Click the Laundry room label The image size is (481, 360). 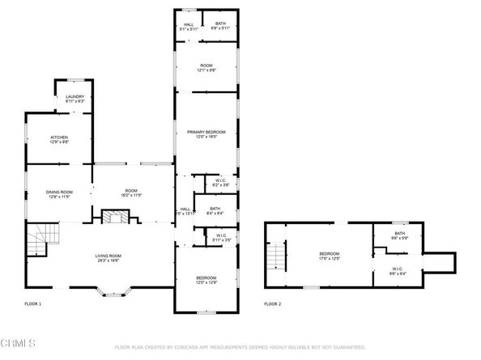pos(74,99)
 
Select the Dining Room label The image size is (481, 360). pos(59,193)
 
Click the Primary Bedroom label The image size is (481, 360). pos(206,133)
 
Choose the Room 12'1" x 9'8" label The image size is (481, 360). pos(206,68)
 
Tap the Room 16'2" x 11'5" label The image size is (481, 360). pos(131,193)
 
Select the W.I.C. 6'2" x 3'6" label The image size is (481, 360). pos(221,183)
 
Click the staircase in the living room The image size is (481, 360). pos(39,242)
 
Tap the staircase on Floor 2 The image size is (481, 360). pos(278,257)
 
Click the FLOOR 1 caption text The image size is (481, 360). pos(33,304)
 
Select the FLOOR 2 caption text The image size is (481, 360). pos(272,304)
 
